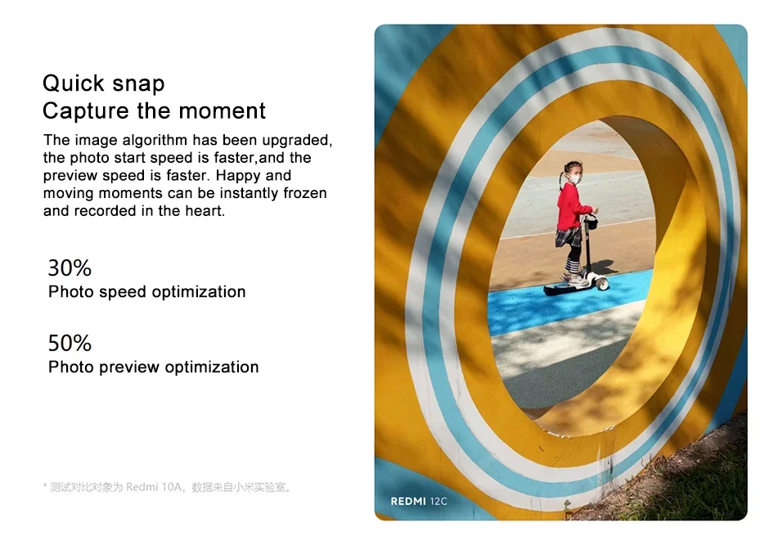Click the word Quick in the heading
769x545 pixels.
tap(74, 83)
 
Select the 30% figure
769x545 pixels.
tap(70, 268)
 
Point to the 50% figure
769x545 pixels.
tap(70, 343)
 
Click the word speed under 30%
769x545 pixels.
tap(123, 292)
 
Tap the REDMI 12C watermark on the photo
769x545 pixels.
tap(419, 502)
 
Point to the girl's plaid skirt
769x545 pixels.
tap(569, 237)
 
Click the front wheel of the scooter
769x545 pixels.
tap(602, 283)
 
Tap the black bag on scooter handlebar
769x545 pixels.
tap(592, 223)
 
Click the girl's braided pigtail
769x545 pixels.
tap(560, 181)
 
